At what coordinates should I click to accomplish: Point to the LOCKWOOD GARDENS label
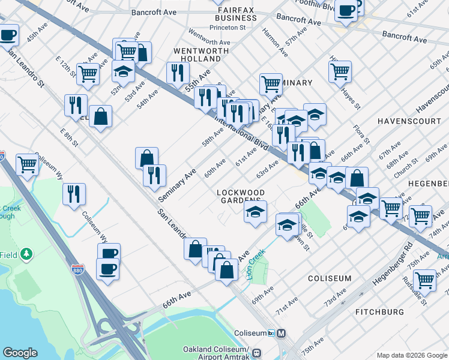coord(240,196)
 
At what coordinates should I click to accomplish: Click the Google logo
coord(20,353)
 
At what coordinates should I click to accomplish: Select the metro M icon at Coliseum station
coord(282,334)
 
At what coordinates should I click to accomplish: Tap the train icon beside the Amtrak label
coord(257,353)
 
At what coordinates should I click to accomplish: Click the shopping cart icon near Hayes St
coord(340,71)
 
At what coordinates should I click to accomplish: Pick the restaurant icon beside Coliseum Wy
coord(74,194)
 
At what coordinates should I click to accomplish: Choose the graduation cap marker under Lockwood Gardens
coord(255,211)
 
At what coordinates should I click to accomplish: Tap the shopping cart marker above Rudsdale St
coord(424,279)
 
